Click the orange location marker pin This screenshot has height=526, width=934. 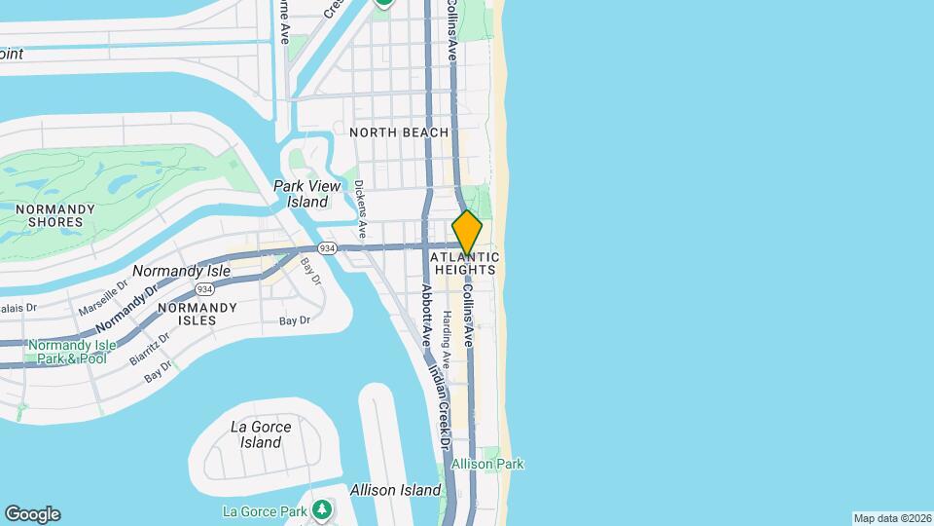(467, 233)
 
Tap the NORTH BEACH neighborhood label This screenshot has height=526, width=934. (399, 132)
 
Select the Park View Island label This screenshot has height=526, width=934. (301, 194)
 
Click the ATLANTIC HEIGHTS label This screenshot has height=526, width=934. (467, 263)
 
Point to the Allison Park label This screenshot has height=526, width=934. (487, 465)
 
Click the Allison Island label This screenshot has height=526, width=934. (395, 490)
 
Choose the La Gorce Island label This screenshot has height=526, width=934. (256, 434)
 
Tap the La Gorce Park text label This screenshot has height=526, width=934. (266, 511)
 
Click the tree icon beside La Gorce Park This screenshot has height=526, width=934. (322, 509)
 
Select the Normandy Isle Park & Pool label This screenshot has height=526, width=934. (72, 352)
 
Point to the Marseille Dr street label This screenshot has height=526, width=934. (104, 306)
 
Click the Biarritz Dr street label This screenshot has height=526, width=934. (150, 348)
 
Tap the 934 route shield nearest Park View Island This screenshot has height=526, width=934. (328, 249)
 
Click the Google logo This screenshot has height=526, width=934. (32, 514)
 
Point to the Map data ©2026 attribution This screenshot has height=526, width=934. (891, 518)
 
